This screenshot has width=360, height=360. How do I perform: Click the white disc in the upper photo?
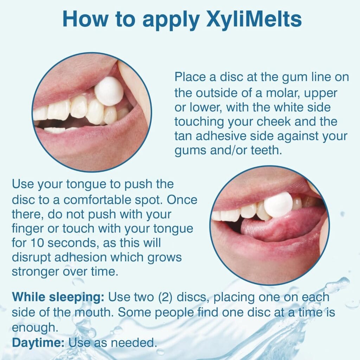click(109, 91)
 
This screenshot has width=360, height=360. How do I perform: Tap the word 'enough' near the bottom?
click(34, 328)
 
